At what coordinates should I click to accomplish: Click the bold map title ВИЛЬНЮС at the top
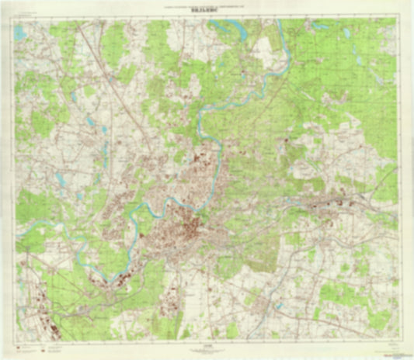coord(206,13)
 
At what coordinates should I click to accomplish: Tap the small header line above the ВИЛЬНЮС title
coord(206,7)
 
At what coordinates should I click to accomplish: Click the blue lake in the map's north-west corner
coord(20,33)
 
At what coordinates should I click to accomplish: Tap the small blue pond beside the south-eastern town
coord(278,306)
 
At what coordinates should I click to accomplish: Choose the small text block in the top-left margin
coord(27,15)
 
